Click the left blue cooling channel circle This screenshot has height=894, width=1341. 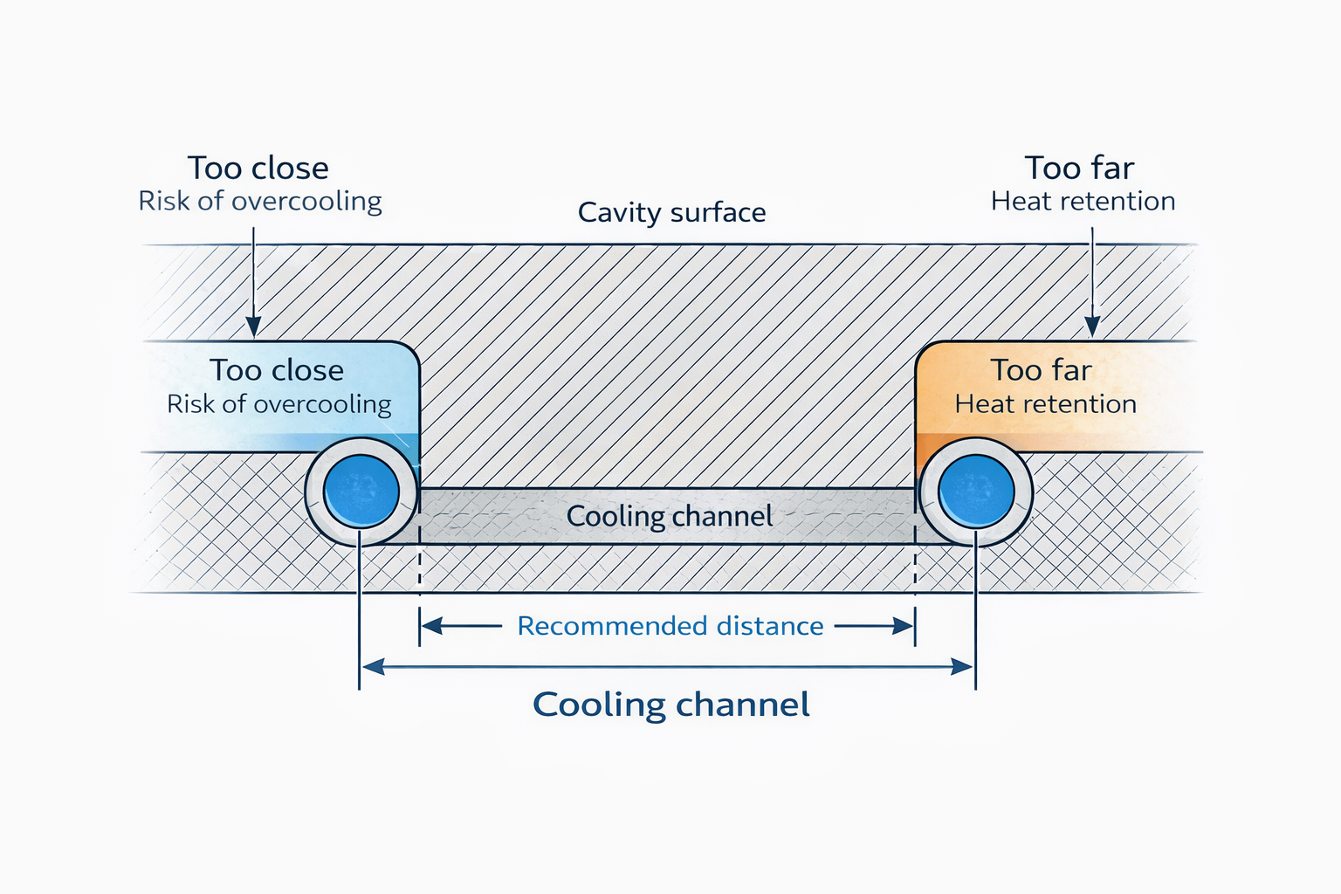(x=361, y=492)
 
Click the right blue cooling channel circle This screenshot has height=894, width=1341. (x=976, y=492)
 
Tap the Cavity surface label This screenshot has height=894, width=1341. (x=671, y=212)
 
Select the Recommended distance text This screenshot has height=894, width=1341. (x=670, y=626)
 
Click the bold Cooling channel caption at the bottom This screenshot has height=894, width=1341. (x=670, y=705)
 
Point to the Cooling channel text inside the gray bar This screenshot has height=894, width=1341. (x=670, y=516)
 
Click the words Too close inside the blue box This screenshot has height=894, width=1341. (x=276, y=370)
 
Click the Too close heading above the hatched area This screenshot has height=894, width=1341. (x=258, y=168)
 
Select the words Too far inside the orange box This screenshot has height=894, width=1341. (x=1041, y=370)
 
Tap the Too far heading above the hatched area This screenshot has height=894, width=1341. (x=1079, y=168)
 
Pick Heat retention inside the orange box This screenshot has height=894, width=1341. (x=1045, y=403)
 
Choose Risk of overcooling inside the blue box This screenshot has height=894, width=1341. (x=279, y=403)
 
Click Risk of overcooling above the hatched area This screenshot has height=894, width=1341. (x=259, y=201)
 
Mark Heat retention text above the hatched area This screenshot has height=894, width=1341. (x=1083, y=201)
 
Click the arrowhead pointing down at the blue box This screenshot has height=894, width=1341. (x=253, y=327)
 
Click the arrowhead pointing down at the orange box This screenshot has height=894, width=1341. (x=1092, y=327)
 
